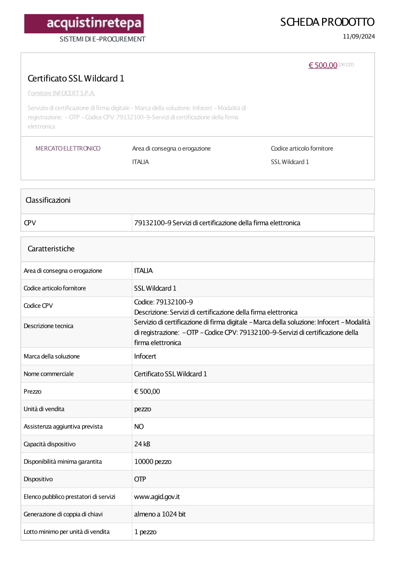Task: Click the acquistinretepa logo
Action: [84, 24]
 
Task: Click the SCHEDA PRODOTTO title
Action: [327, 22]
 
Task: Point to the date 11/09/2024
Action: [358, 37]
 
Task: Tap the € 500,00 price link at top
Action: [323, 65]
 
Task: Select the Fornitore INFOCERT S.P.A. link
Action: [61, 93]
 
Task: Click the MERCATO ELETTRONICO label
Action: [68, 149]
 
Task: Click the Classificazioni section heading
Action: [48, 200]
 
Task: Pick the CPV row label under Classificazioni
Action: [30, 223]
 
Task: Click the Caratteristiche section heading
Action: [51, 249]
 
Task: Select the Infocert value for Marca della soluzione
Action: [145, 356]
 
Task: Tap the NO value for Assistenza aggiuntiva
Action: [139, 427]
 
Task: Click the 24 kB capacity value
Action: [142, 444]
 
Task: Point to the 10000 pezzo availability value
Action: [153, 462]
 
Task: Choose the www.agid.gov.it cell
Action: [157, 497]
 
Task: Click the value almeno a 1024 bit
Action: [160, 514]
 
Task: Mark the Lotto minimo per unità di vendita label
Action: [67, 532]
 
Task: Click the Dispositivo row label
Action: [38, 479]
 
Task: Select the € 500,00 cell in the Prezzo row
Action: [147, 391]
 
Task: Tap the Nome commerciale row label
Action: [49, 374]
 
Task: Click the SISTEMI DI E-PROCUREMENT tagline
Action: [102, 39]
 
